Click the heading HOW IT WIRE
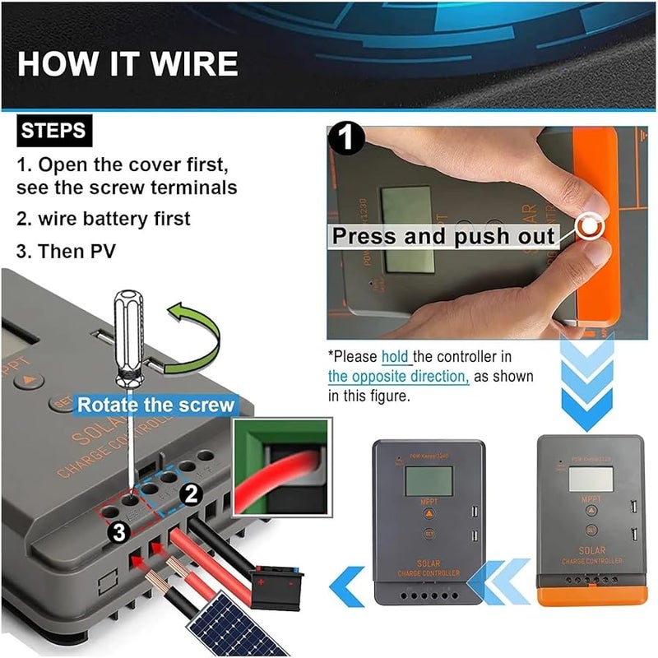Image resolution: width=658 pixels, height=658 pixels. [x=127, y=63]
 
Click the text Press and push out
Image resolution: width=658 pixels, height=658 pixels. [x=443, y=236]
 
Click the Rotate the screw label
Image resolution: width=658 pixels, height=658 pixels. [x=155, y=405]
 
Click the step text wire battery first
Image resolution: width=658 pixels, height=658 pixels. [x=104, y=219]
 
